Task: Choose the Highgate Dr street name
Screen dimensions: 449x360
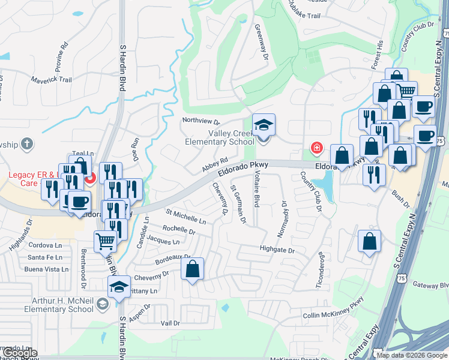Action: coord(277,250)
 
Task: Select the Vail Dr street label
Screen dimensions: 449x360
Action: coord(170,323)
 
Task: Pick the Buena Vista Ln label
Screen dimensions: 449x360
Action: coord(46,269)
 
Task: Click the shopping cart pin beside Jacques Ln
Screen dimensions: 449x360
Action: coord(106,241)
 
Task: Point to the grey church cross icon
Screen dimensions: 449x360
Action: coord(26,144)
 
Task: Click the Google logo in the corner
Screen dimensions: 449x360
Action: coord(20,353)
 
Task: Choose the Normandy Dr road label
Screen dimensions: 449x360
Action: coord(285,216)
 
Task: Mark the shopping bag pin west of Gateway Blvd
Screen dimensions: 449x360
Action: coord(370,241)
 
